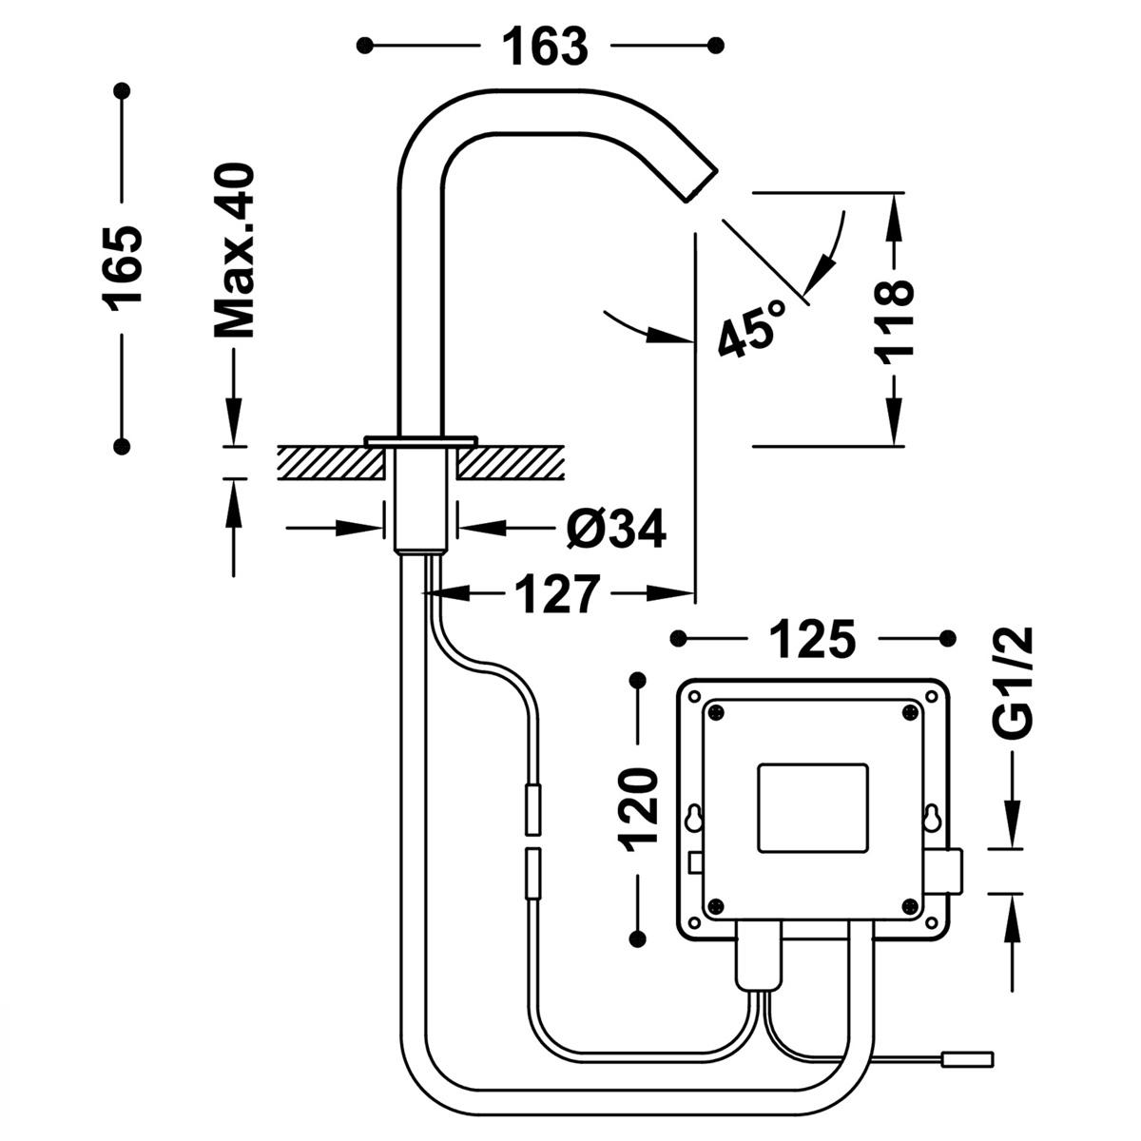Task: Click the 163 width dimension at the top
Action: coord(545,46)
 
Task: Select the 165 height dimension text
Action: coord(124,267)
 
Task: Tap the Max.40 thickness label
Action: coord(234,251)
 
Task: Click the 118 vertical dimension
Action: coord(895,319)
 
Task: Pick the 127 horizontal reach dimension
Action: coord(557,595)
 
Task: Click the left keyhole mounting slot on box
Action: coord(695,818)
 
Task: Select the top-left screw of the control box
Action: coord(715,710)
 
